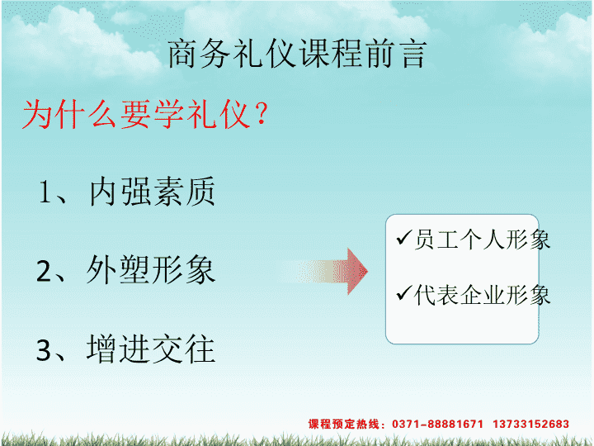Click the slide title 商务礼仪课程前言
click(297, 54)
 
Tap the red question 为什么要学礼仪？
click(146, 114)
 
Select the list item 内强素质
click(153, 192)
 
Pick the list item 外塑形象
click(151, 269)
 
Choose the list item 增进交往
click(151, 349)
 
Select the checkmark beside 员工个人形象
click(403, 238)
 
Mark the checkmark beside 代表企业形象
click(403, 292)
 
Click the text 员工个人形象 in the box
click(482, 240)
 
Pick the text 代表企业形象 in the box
click(482, 295)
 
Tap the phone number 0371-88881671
click(437, 424)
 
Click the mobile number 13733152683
click(530, 424)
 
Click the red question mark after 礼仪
click(262, 114)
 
